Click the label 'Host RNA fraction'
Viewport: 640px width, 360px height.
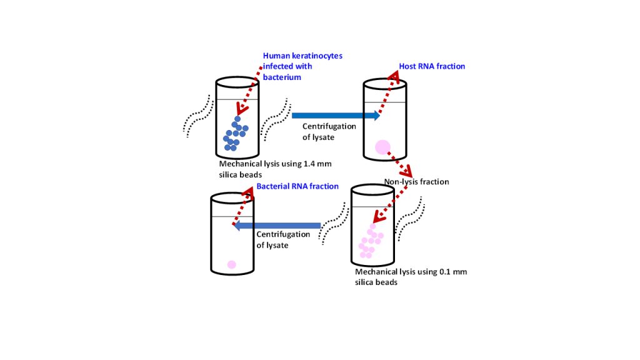432,66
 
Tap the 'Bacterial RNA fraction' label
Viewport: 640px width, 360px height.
297,186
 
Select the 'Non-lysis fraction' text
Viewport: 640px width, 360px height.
416,182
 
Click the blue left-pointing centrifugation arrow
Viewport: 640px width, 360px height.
276,226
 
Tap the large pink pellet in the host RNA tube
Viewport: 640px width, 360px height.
382,147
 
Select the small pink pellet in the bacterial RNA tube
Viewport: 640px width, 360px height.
231,264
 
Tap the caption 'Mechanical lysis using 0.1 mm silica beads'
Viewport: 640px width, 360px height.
411,277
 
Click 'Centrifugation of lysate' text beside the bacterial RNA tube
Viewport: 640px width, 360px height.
283,240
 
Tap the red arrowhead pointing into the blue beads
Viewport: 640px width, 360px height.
241,109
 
